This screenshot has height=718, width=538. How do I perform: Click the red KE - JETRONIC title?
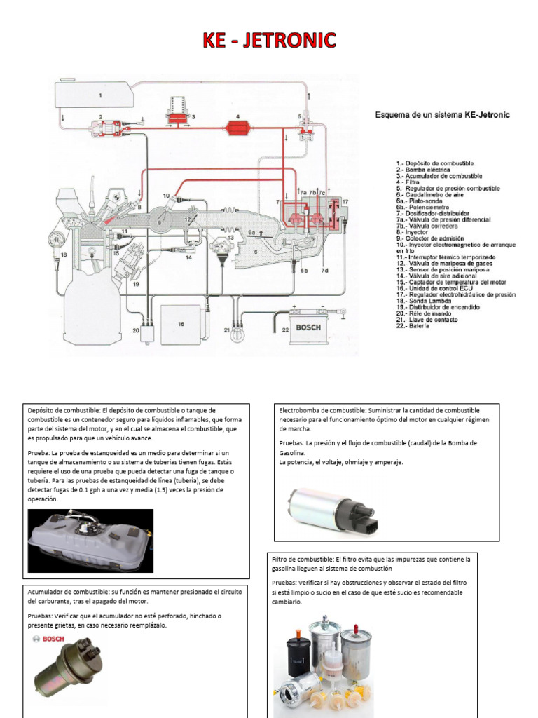coord(269,41)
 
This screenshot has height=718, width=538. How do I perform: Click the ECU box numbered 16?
coord(181,324)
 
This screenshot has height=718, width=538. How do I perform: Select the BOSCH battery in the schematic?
coord(308,327)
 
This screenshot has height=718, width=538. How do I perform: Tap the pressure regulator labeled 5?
coord(306,126)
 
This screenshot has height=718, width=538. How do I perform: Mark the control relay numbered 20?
coord(146,333)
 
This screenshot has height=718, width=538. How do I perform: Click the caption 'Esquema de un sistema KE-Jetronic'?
coord(443,114)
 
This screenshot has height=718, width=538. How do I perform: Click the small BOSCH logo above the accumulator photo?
coord(49,639)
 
